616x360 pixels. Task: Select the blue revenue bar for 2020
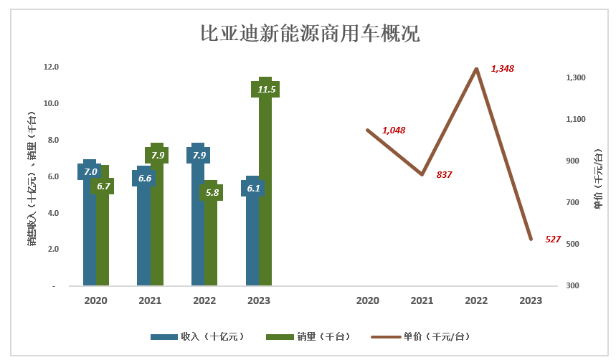point(90,237)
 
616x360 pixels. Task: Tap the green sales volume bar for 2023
point(265,201)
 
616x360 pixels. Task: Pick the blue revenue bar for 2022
point(198,237)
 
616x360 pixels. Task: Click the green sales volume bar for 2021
point(157,229)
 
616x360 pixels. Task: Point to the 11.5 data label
point(267,90)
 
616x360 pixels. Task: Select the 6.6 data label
point(144,178)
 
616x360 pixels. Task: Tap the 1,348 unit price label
point(502,69)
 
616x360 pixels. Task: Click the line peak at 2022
point(476,69)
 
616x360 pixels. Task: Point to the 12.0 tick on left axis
point(51,67)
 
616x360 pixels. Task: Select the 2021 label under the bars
point(150,301)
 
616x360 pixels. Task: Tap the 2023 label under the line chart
point(531,301)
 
